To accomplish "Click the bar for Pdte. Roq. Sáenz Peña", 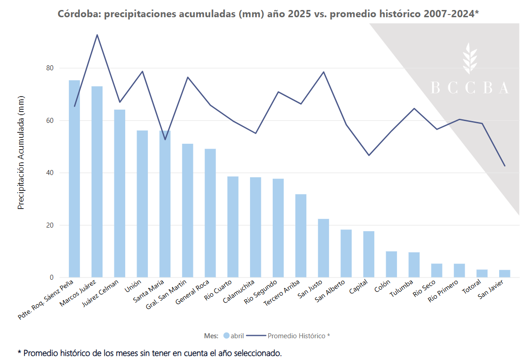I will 74,179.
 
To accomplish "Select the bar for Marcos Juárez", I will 97,181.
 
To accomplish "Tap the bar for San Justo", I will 324,248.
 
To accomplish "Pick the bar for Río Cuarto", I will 233,227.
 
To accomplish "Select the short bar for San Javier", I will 505,274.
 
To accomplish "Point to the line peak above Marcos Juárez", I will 97,35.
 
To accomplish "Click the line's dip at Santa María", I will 165,139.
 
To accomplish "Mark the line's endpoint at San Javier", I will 505,166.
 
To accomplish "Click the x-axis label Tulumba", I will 402,290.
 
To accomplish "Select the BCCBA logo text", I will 469,88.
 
